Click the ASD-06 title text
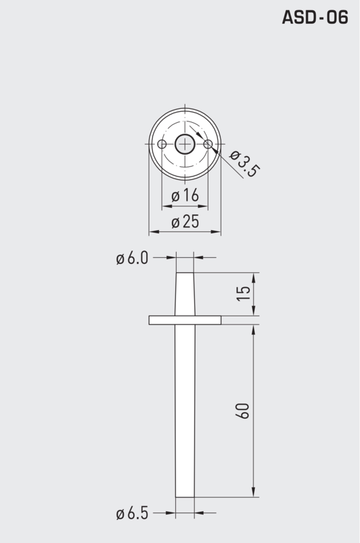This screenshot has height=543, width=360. pyautogui.click(x=314, y=18)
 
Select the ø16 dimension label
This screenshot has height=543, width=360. pyautogui.click(x=185, y=196)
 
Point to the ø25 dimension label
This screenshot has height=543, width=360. pyautogui.click(x=185, y=222)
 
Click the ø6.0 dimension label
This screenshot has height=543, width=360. pyautogui.click(x=131, y=258)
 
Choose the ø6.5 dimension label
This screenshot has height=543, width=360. pyautogui.click(x=131, y=514)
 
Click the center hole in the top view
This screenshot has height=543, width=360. pyautogui.click(x=185, y=144)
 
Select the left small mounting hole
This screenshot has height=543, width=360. pyautogui.click(x=162, y=144)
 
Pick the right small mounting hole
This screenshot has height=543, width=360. pyautogui.click(x=208, y=144)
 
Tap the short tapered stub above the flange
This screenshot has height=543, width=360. pyautogui.click(x=185, y=294)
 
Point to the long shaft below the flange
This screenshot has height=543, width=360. pyautogui.click(x=185, y=407)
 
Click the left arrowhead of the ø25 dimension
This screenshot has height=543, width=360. pyautogui.click(x=153, y=232)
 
